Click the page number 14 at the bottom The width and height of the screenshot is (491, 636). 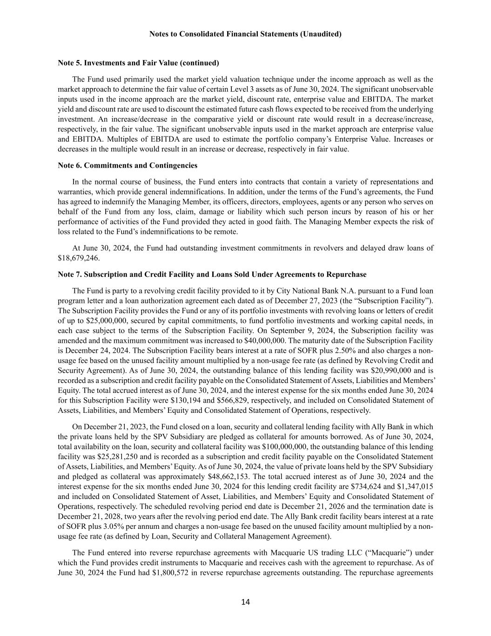pyautogui.click(x=245, y=602)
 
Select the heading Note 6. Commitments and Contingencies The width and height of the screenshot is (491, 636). pyautogui.click(x=128, y=165)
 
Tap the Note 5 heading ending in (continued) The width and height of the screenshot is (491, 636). pyautogui.click(x=138, y=62)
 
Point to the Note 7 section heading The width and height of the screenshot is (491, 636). pyautogui.click(x=212, y=274)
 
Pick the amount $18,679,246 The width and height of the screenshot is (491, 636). pyautogui.click(x=79, y=258)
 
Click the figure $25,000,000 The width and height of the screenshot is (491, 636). pyautogui.click(x=86, y=321)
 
